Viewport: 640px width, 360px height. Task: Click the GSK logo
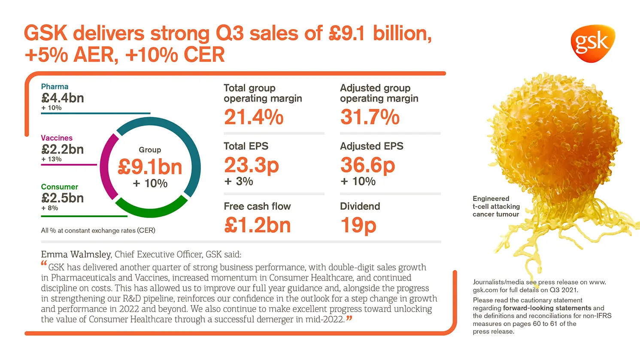pyautogui.click(x=592, y=43)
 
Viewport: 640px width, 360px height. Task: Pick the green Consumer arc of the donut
pyautogui.click(x=150, y=210)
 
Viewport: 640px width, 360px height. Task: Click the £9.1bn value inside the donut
pyautogui.click(x=150, y=167)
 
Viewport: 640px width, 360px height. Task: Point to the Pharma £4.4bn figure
pyautogui.click(x=63, y=98)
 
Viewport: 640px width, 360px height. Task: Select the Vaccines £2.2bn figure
pyautogui.click(x=63, y=149)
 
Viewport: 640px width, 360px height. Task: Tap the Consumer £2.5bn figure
pyautogui.click(x=63, y=198)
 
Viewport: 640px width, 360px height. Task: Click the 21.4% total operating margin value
pyautogui.click(x=254, y=117)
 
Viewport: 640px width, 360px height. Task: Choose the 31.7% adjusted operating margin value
pyautogui.click(x=370, y=117)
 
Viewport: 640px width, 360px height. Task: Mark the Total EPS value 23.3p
pyautogui.click(x=252, y=165)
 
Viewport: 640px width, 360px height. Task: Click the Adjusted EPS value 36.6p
pyautogui.click(x=367, y=165)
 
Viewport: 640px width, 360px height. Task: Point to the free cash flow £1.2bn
pyautogui.click(x=258, y=225)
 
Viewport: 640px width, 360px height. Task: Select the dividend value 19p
pyautogui.click(x=358, y=225)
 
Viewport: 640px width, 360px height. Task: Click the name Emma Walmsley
pyautogui.click(x=76, y=254)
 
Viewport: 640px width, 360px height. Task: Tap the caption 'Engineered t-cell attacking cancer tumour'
pyautogui.click(x=496, y=206)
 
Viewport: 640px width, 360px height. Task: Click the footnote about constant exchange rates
pyautogui.click(x=98, y=230)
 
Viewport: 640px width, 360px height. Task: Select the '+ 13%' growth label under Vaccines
pyautogui.click(x=52, y=159)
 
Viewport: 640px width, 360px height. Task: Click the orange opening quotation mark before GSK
pyautogui.click(x=44, y=263)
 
